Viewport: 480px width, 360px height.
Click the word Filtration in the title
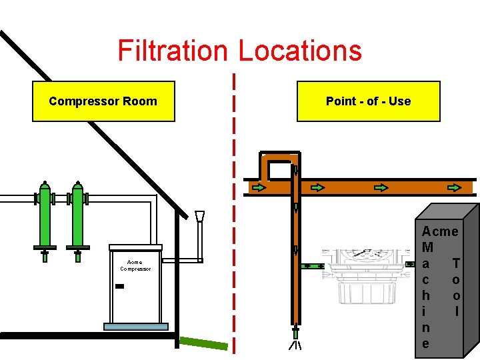(173, 51)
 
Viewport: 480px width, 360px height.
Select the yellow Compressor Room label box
(103, 101)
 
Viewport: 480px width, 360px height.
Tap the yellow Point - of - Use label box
(368, 101)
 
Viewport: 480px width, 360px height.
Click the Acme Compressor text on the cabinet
(135, 265)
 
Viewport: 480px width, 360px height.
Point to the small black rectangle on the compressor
(119, 286)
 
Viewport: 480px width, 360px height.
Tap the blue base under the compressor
(135, 327)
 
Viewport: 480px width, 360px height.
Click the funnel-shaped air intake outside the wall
(199, 216)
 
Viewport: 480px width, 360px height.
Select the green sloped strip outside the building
(204, 343)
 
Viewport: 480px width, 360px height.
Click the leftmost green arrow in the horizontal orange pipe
(259, 187)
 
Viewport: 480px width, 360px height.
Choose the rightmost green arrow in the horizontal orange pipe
(455, 187)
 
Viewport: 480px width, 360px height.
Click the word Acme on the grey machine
(440, 232)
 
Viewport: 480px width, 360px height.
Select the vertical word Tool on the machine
(456, 287)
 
